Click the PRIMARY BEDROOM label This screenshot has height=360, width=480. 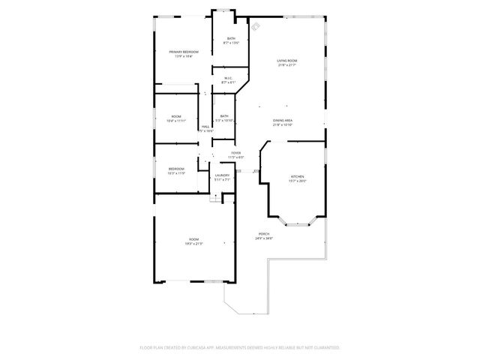[184, 51]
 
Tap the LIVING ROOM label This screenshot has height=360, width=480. [286, 60]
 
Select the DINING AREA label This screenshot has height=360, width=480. [283, 120]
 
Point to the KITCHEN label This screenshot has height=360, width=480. [298, 176]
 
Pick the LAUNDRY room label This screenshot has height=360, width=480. [223, 175]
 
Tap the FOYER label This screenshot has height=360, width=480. [235, 153]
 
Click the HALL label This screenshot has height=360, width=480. [205, 127]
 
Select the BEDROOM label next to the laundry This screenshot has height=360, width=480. [176, 169]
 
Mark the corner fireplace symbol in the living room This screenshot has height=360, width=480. [256, 27]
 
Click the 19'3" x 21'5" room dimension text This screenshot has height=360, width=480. [193, 244]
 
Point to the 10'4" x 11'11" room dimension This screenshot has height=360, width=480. [176, 121]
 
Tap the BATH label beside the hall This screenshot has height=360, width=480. [224, 115]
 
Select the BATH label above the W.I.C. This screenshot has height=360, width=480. [231, 38]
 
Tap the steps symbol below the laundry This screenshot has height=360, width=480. [215, 197]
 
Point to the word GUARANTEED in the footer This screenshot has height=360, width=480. [323, 348]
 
